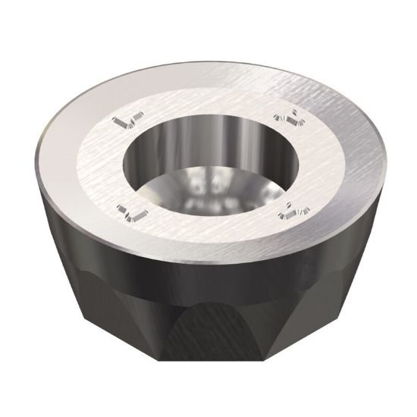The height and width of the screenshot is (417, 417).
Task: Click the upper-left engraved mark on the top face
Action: click(126, 121)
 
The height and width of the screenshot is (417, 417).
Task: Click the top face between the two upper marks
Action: click(208, 95)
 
